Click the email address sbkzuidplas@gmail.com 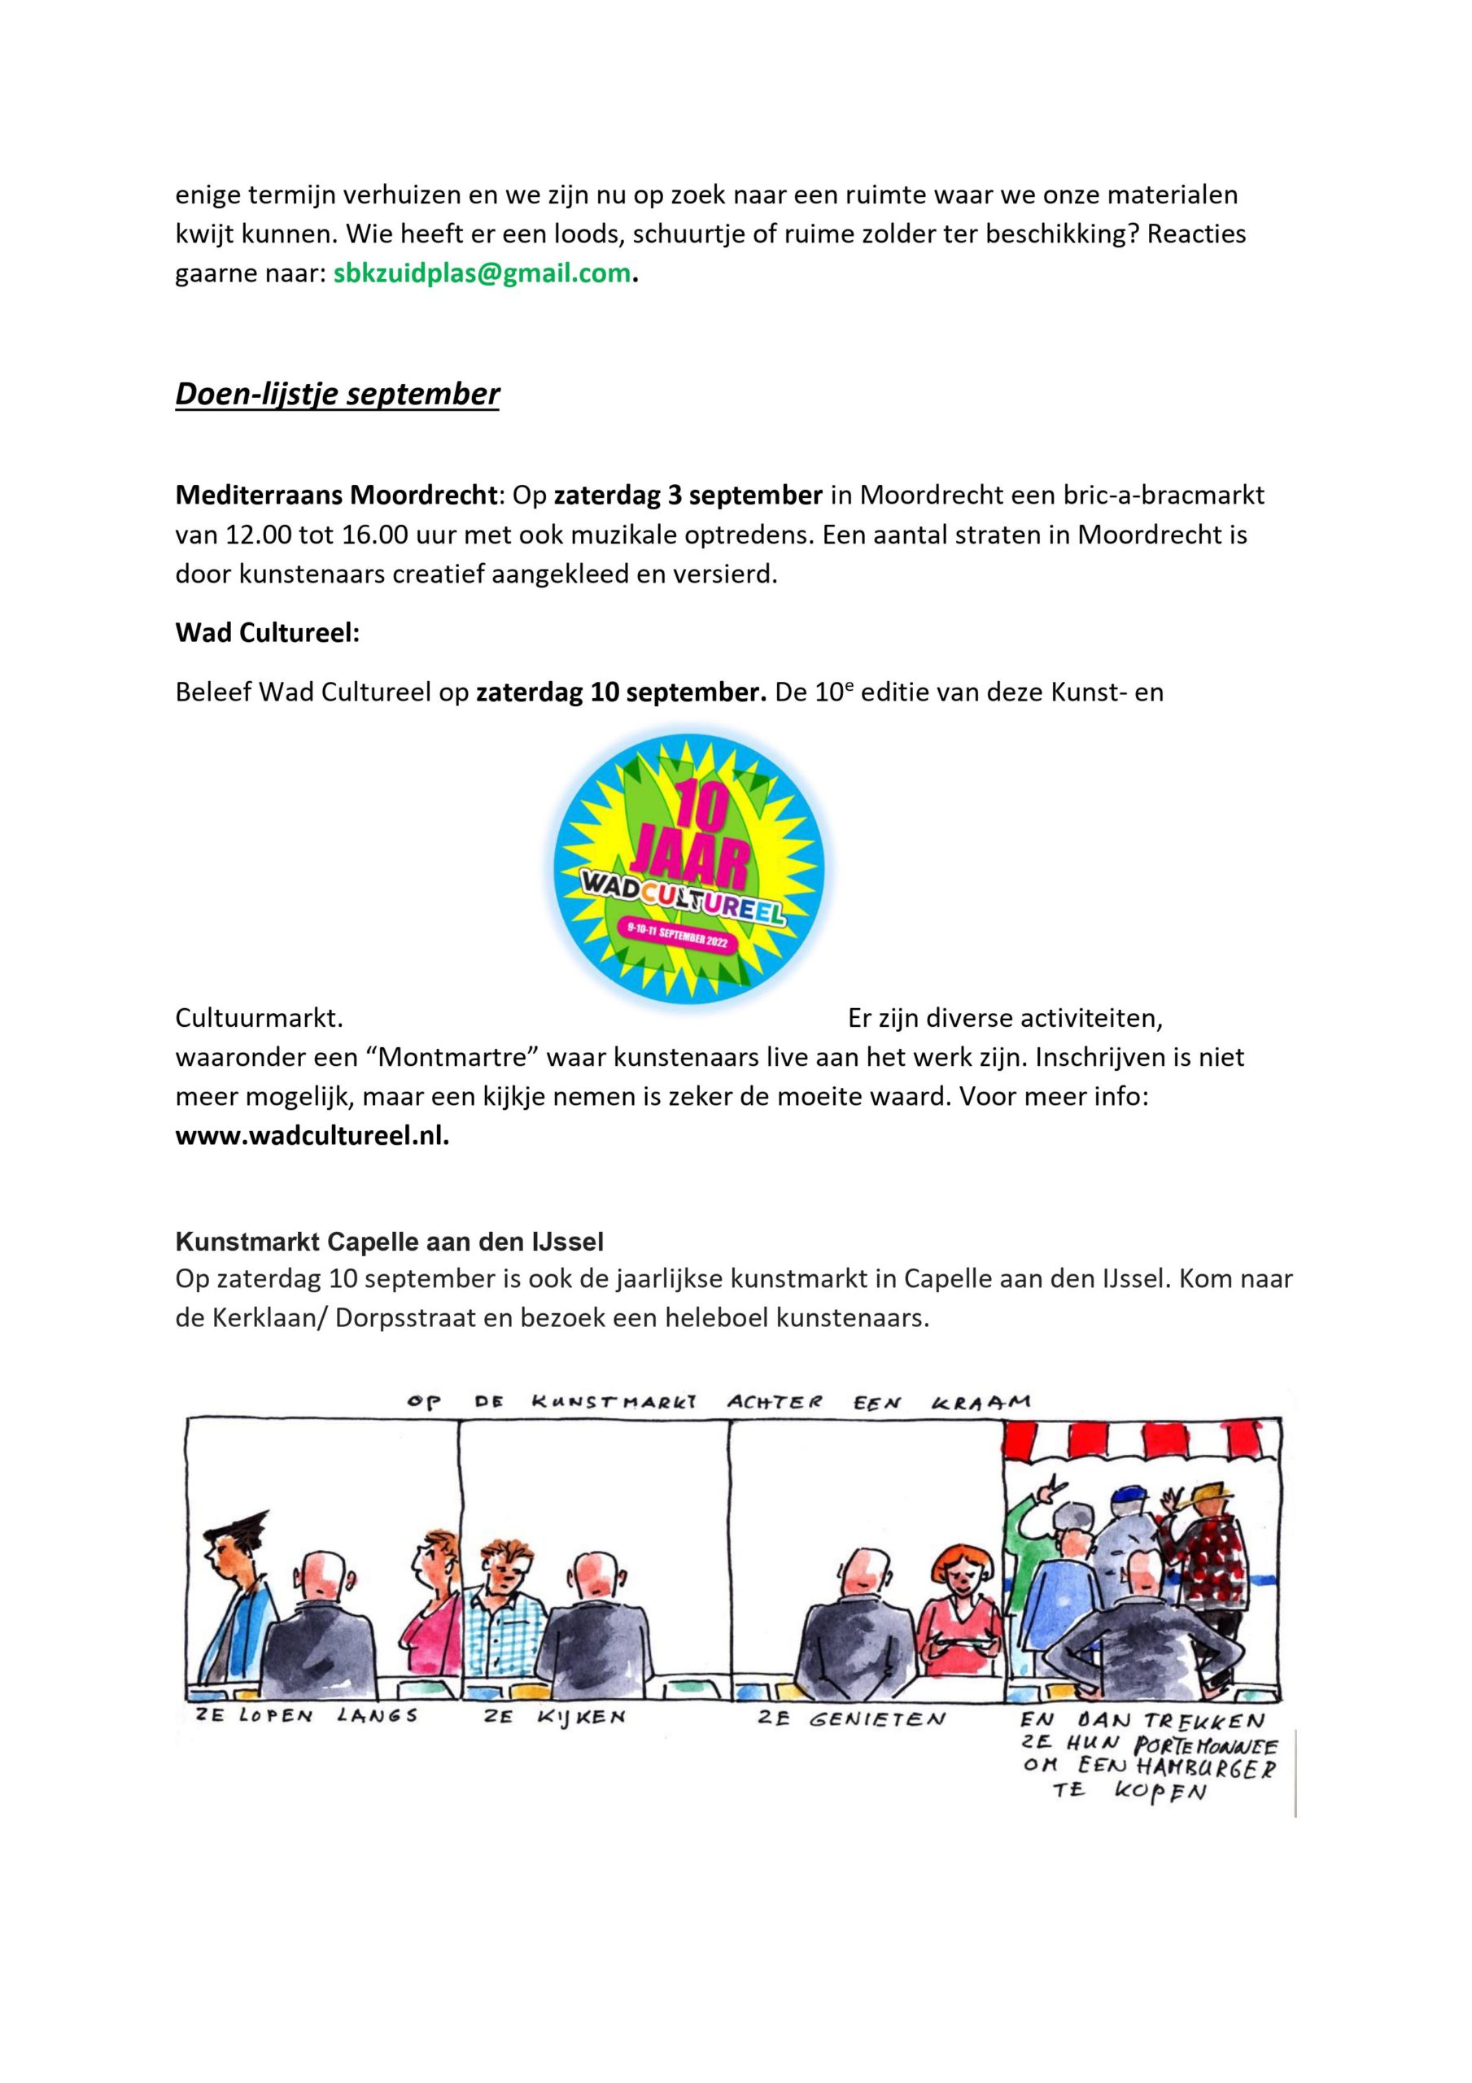tap(481, 274)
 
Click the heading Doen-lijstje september tap(337, 394)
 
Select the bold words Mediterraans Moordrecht tap(336, 496)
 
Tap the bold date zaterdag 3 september tap(688, 496)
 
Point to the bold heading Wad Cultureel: tap(267, 632)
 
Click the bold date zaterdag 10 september tap(622, 692)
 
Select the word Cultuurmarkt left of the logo tap(259, 1018)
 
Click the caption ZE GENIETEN tap(851, 1718)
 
